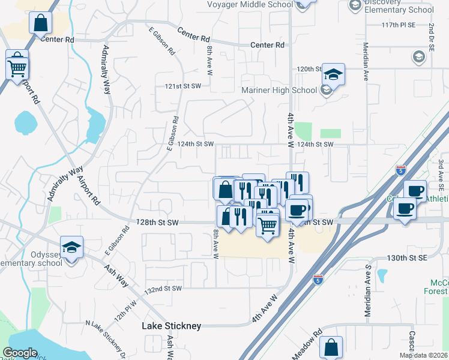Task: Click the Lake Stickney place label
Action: (x=171, y=326)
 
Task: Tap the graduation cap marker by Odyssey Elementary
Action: (x=72, y=247)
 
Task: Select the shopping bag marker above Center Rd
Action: (x=40, y=24)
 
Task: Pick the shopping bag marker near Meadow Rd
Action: (x=331, y=347)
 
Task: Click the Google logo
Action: (x=20, y=353)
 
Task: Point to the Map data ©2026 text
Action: (x=423, y=355)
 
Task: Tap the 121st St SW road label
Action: (x=182, y=86)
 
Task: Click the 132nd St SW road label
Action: (x=163, y=289)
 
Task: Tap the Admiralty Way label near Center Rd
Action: (x=107, y=70)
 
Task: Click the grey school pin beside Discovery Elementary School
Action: (x=355, y=5)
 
